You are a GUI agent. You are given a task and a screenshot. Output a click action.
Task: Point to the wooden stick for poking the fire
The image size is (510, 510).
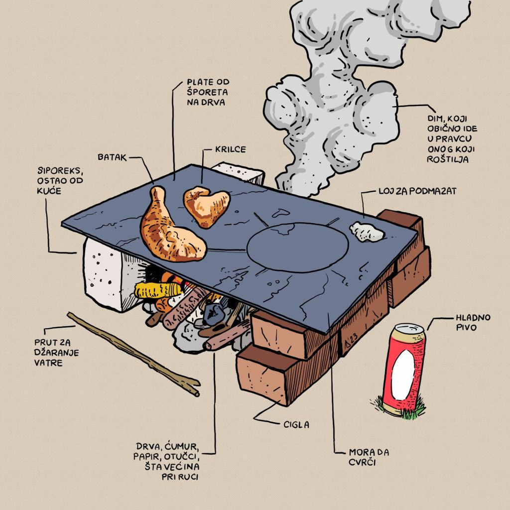coord(133,354)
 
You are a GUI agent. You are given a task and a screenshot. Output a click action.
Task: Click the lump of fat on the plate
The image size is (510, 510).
coord(367,232)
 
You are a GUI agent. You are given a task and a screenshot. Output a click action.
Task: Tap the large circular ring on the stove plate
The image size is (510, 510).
coord(297,248)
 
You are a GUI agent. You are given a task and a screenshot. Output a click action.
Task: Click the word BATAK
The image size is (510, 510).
coord(112,157)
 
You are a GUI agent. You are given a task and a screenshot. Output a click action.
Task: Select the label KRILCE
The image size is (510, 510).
coord(230,149)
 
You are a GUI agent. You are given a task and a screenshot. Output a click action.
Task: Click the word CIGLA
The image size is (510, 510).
coord(296,424)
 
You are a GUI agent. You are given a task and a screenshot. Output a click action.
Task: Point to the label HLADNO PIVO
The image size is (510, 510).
coord(473,322)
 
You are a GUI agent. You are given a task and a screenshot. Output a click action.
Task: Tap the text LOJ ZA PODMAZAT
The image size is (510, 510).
coord(417,191)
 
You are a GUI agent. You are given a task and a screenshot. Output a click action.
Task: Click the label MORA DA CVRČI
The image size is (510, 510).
coord(369,457)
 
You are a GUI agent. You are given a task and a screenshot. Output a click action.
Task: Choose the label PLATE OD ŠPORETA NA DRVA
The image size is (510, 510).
coord(208,92)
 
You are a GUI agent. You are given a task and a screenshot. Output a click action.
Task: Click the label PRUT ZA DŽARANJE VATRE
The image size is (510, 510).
coord(56,353)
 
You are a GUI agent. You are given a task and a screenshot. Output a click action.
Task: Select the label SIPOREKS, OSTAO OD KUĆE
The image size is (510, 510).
coord(60,180)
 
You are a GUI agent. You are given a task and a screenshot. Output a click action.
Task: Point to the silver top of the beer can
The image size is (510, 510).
coord(409,328)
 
